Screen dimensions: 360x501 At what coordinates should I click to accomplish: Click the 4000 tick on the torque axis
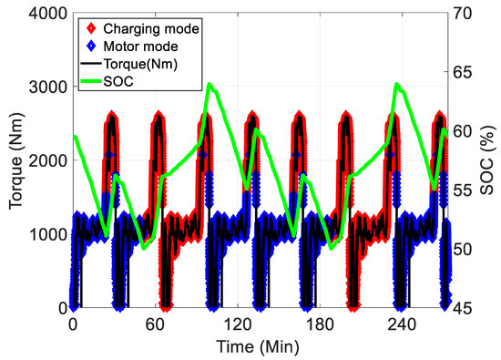click(x=46, y=13)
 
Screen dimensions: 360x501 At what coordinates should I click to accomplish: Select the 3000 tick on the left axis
click(x=46, y=87)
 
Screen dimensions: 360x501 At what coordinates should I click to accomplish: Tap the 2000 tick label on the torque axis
click(x=46, y=160)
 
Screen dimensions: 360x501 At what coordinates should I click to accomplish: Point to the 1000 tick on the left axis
click(x=46, y=234)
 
